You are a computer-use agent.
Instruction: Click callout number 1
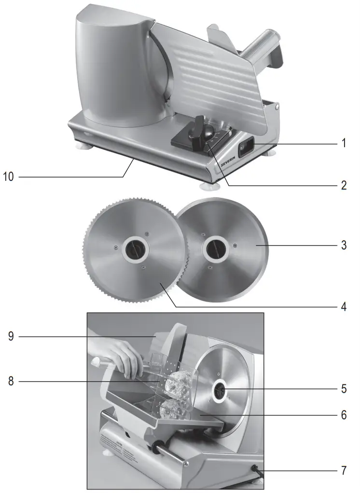click(343, 143)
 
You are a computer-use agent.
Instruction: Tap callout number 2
click(343, 185)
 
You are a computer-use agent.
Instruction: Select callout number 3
click(343, 245)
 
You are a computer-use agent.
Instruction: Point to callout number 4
click(343, 306)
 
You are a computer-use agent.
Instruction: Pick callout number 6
click(343, 414)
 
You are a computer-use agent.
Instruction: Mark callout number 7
click(343, 470)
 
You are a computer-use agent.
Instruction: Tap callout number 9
click(11, 336)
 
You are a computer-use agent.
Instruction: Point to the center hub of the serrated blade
click(134, 249)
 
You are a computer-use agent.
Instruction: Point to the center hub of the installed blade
click(221, 390)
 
